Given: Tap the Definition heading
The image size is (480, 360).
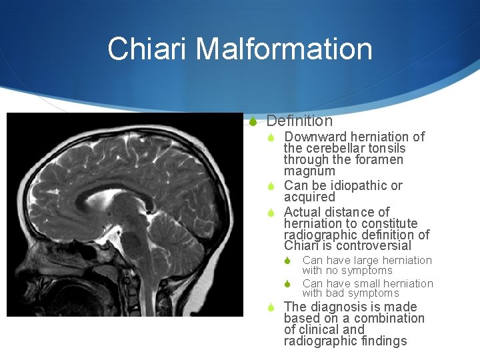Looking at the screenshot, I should click(299, 121).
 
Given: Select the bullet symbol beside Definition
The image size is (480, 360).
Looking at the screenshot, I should click(253, 121).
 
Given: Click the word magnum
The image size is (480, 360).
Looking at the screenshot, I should click(309, 171).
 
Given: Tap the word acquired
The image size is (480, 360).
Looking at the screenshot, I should click(309, 197).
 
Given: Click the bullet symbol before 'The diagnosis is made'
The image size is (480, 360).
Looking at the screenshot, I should click(271, 307).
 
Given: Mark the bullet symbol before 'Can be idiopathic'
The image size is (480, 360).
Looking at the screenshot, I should click(271, 186).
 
